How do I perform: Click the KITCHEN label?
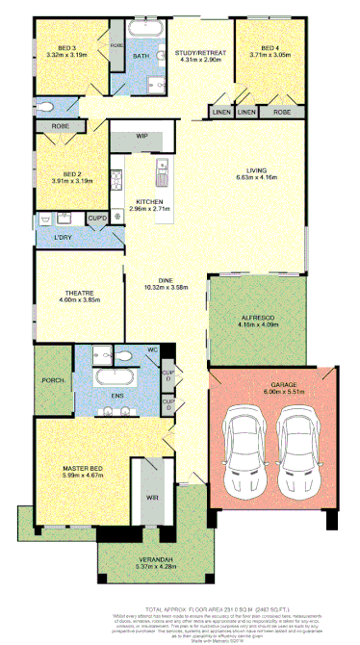click(149, 200)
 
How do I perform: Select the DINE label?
click(166, 280)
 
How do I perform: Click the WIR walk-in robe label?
click(152, 498)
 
